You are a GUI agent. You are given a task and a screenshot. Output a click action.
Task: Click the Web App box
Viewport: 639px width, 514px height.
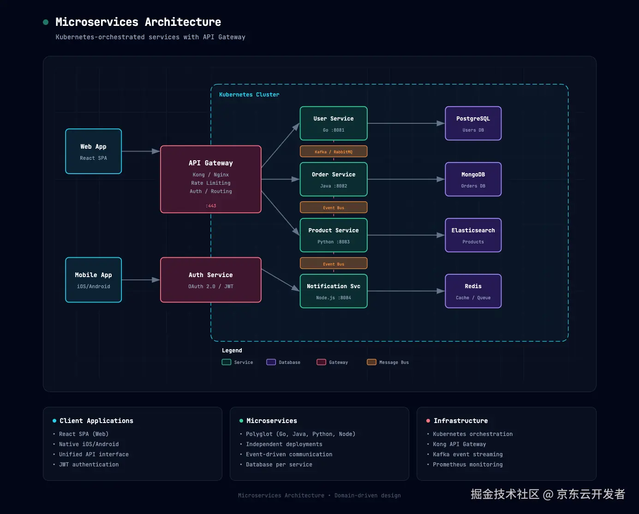(94, 151)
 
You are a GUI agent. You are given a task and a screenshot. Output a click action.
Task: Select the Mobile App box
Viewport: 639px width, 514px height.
(94, 280)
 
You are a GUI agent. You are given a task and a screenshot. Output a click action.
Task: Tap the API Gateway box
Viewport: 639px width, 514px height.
(211, 179)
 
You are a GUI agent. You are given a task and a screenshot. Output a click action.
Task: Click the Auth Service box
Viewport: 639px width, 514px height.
(211, 280)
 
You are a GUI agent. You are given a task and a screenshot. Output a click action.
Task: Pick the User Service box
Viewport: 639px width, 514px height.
(334, 123)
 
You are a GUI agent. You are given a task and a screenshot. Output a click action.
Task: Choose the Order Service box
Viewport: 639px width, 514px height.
(334, 179)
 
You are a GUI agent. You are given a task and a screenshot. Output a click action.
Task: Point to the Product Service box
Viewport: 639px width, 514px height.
(334, 235)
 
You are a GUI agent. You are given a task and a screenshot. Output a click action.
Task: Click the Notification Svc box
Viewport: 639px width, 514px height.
(334, 291)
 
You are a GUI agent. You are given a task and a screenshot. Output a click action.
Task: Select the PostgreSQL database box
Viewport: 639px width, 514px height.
(473, 123)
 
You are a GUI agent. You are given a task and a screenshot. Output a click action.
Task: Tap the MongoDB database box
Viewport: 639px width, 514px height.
(473, 179)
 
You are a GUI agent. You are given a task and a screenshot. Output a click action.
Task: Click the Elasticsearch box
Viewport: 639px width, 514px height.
(473, 235)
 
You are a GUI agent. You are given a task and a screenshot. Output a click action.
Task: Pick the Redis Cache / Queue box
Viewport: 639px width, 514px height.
(473, 291)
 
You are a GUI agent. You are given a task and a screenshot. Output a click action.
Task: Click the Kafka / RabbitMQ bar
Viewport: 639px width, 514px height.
(334, 151)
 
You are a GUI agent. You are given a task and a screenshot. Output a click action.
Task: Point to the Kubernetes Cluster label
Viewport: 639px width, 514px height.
(249, 95)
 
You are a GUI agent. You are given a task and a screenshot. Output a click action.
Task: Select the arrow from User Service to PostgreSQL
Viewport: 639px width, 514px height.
(406, 123)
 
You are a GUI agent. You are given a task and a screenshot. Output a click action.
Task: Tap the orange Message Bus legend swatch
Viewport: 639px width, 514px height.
(371, 362)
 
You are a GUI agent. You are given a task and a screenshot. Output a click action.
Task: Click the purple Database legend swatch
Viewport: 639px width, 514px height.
(271, 362)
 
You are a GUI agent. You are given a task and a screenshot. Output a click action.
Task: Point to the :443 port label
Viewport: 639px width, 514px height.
(211, 206)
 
